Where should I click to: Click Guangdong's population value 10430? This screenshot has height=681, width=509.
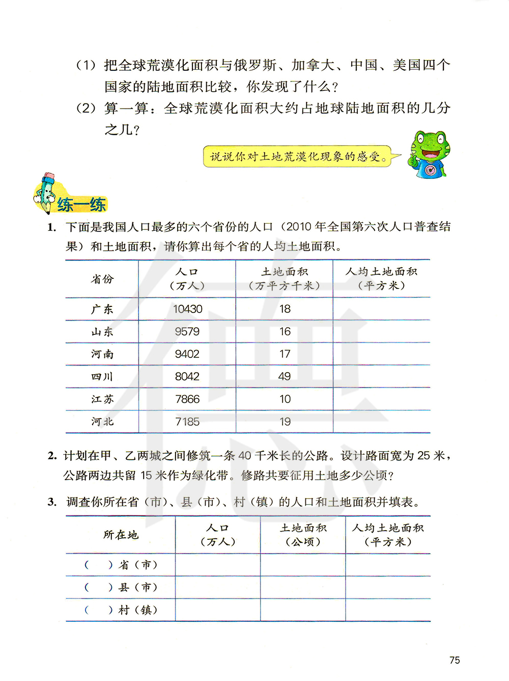coord(187,309)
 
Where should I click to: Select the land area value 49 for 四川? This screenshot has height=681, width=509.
coord(285,376)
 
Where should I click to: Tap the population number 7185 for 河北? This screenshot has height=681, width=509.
coord(187,422)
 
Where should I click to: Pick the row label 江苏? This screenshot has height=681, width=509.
coord(102,399)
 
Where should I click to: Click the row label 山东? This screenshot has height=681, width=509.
coord(102,332)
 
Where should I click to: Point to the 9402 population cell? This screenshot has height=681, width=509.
coord(187,354)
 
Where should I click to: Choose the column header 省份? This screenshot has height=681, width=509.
coord(102,279)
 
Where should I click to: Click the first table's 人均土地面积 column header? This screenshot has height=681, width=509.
coord(381,278)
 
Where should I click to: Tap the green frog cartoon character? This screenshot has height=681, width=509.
coord(429,154)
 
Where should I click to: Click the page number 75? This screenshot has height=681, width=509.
coord(455,660)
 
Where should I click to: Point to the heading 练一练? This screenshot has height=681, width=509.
coord(81,205)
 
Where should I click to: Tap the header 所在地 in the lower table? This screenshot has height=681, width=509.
coord(121,535)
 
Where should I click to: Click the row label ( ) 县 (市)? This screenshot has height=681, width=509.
coord(121,587)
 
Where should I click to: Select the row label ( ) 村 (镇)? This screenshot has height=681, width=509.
coord(121,610)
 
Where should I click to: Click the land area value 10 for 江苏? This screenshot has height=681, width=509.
coord(285,399)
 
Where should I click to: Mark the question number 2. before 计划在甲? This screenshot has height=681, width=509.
coord(52,456)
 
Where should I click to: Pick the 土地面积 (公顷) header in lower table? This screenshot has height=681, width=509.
coord(303,535)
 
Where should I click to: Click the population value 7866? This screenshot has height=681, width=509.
coord(187,399)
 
